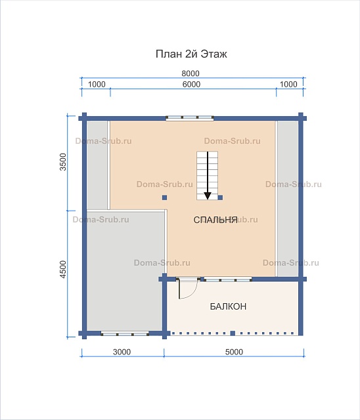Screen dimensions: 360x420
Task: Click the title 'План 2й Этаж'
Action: pyautogui.click(x=191, y=54)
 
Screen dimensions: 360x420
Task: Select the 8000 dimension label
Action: pyautogui.click(x=191, y=73)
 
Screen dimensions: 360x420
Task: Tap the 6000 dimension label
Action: pyautogui.click(x=191, y=85)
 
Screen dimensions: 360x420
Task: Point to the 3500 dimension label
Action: pyautogui.click(x=62, y=162)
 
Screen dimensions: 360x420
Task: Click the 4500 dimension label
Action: pyautogui.click(x=62, y=269)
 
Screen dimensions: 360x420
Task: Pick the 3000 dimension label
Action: pyautogui.click(x=122, y=352)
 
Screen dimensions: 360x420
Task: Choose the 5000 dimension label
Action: pyautogui.click(x=234, y=352)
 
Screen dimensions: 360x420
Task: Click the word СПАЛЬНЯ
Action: pyautogui.click(x=215, y=220)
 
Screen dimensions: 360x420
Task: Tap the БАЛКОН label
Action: pyautogui.click(x=228, y=306)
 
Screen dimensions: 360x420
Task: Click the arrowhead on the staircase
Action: pyautogui.click(x=208, y=196)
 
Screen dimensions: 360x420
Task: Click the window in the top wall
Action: pyautogui.click(x=189, y=118)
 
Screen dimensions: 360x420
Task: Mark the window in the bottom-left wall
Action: pyautogui.click(x=125, y=334)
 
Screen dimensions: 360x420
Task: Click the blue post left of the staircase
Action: pyautogui.click(x=165, y=198)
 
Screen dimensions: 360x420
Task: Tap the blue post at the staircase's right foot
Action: pyautogui.click(x=220, y=198)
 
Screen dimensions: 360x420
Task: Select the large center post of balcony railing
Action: pyautogui.click(x=233, y=333)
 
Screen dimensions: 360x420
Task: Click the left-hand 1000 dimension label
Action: pyautogui.click(x=97, y=85)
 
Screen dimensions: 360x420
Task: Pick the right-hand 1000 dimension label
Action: pyautogui.click(x=288, y=85)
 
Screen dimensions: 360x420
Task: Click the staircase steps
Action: pyautogui.click(x=207, y=175)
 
